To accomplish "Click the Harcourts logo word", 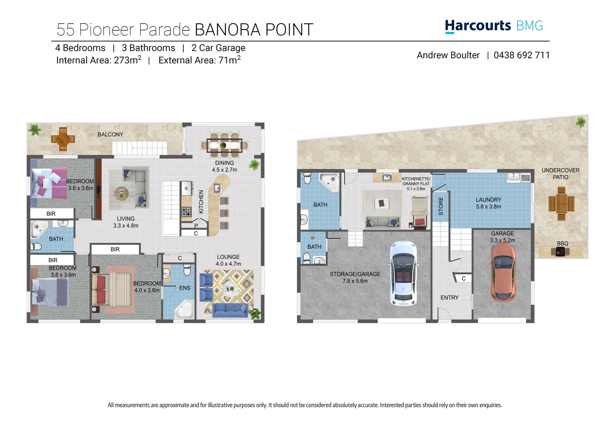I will pyautogui.click(x=477, y=26).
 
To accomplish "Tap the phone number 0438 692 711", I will pyautogui.click(x=521, y=55).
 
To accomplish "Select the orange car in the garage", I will pyautogui.click(x=503, y=272).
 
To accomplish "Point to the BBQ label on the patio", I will pyautogui.click(x=562, y=244).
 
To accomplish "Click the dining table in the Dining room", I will pyautogui.click(x=224, y=145).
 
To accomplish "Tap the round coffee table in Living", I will pyautogui.click(x=122, y=194).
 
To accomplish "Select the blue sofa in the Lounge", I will pyautogui.click(x=230, y=310).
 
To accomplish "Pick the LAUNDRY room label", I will pyautogui.click(x=488, y=200).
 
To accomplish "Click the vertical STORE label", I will pyautogui.click(x=441, y=206).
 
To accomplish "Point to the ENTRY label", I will pyautogui.click(x=449, y=298).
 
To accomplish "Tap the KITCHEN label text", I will pyautogui.click(x=201, y=202).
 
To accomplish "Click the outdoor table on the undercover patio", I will pyautogui.click(x=561, y=203).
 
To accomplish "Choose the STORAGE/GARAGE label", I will pyautogui.click(x=355, y=274).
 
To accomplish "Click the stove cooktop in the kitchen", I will pyautogui.click(x=186, y=212).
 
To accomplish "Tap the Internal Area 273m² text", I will pyautogui.click(x=99, y=60).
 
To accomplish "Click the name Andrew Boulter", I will pyautogui.click(x=448, y=55).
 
